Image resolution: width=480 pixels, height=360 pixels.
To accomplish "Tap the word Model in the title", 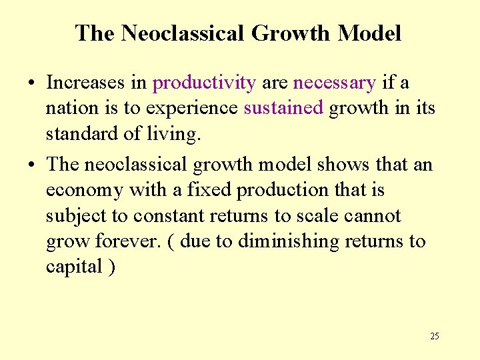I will [x=369, y=33].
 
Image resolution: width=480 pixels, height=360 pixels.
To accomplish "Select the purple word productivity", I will [x=204, y=83].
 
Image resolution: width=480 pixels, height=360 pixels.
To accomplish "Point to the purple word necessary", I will [x=335, y=83].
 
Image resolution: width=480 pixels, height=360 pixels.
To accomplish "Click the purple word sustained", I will [x=283, y=108].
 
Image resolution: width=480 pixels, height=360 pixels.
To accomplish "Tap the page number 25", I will [x=434, y=336].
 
